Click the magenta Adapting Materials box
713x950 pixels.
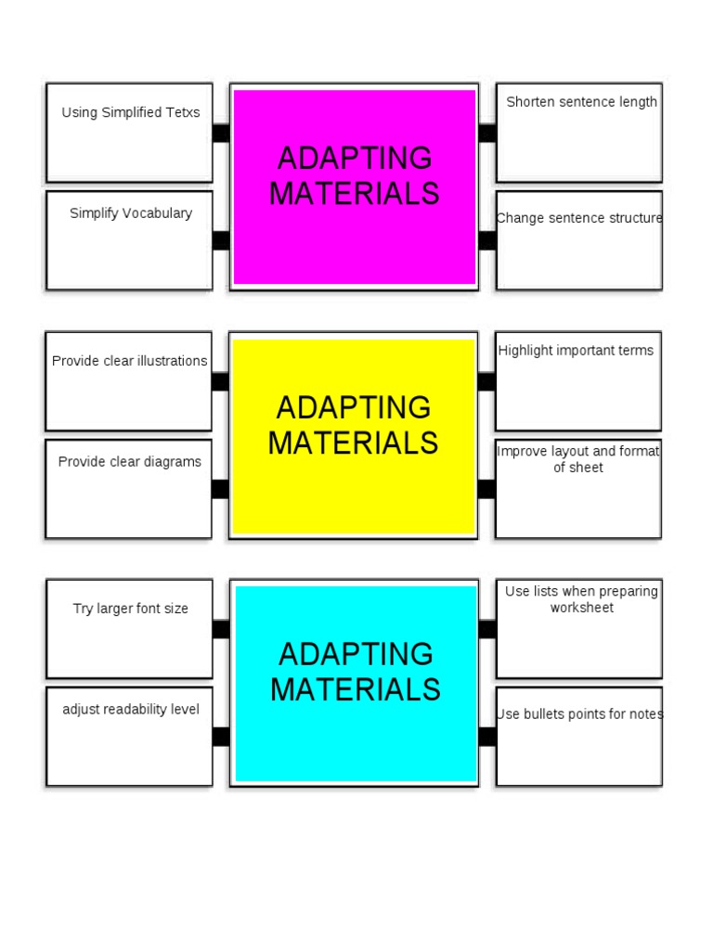tap(354, 232)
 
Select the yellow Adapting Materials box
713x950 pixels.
tap(354, 492)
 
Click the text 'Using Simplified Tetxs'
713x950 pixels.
tap(131, 113)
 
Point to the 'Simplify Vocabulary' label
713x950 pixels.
tap(131, 213)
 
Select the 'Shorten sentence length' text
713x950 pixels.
tap(581, 102)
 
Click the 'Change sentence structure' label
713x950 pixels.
tap(580, 219)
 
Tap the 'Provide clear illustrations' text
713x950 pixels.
tap(130, 361)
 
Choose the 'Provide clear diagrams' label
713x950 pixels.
tap(130, 462)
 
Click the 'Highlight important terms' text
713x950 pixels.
tap(576, 351)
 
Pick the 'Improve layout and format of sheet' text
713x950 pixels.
tap(578, 459)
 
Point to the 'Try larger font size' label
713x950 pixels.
tap(131, 610)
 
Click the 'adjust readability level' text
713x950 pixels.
tap(131, 710)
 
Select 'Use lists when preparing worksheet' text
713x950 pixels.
tap(581, 599)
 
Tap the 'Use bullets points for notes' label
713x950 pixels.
tap(580, 714)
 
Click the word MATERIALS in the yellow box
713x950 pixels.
tap(353, 443)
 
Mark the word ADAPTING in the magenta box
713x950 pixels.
tap(355, 158)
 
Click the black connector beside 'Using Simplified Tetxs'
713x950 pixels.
tap(221, 133)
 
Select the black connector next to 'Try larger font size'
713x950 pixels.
tap(221, 629)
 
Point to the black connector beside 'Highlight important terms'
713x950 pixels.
tap(486, 381)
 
